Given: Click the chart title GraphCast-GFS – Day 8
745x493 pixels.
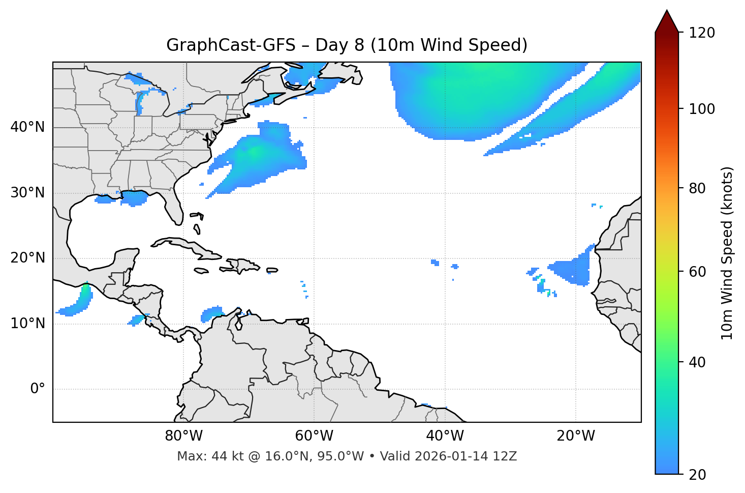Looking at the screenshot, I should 347,45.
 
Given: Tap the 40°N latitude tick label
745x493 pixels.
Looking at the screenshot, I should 27,127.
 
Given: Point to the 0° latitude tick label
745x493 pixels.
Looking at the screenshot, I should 37,389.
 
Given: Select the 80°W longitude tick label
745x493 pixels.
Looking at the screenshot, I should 183,436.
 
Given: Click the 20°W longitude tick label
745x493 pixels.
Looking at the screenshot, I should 576,436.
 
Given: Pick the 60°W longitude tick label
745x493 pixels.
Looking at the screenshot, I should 314,436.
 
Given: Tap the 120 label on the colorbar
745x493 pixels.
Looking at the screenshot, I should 702,33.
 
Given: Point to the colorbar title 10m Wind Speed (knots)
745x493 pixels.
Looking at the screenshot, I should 727,253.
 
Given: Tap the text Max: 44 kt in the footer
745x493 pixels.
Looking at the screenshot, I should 209,456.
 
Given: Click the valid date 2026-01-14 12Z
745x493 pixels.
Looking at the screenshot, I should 465,456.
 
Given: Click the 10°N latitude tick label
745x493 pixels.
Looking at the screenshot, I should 27,324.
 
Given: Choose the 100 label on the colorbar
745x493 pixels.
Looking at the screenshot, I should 702,109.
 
